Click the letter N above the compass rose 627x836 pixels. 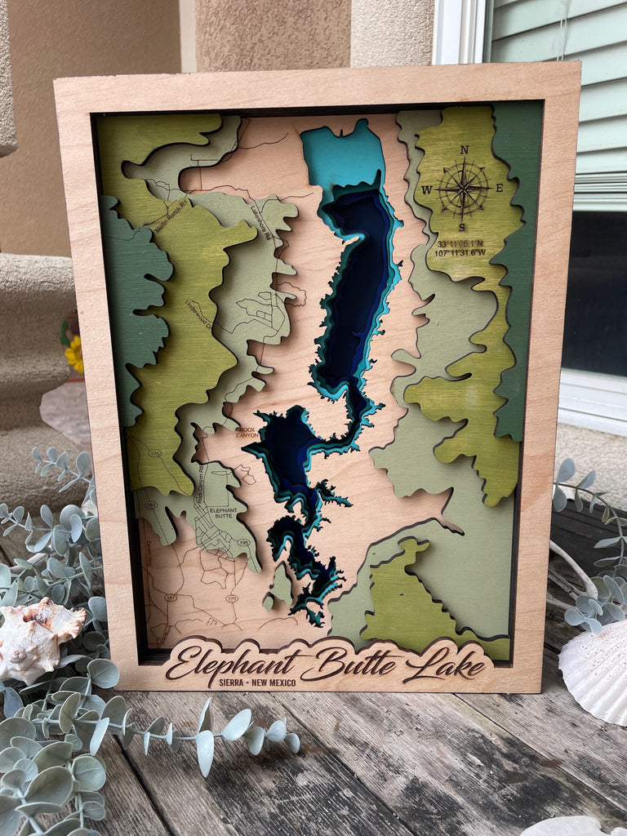[464, 149]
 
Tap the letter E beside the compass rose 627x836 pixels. [500, 188]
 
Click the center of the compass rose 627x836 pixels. [463, 189]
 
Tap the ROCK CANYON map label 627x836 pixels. [247, 432]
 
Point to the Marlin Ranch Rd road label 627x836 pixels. [171, 214]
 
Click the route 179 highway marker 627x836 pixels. [233, 598]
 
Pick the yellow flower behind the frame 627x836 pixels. [74, 354]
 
